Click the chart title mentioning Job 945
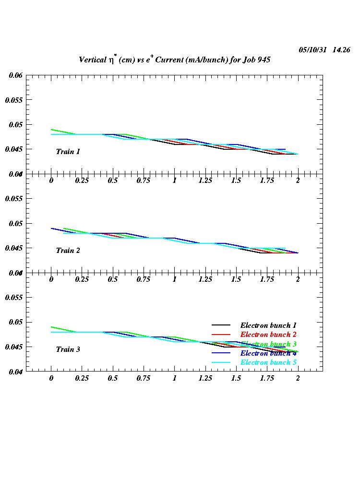coord(178,60)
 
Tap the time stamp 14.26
coord(341,50)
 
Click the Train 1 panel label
coord(68,152)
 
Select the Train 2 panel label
coord(68,251)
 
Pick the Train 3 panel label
coord(68,349)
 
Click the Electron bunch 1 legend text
coord(268,325)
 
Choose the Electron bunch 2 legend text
coord(268,335)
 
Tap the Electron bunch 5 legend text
coord(268,362)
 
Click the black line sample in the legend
coord(221,325)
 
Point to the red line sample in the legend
coord(221,335)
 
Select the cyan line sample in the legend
coord(221,362)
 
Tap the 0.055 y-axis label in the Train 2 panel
coord(14,198)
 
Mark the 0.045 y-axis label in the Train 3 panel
coord(14,347)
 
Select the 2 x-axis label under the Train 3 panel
coord(298,378)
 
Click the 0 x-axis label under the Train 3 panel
coord(51,378)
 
